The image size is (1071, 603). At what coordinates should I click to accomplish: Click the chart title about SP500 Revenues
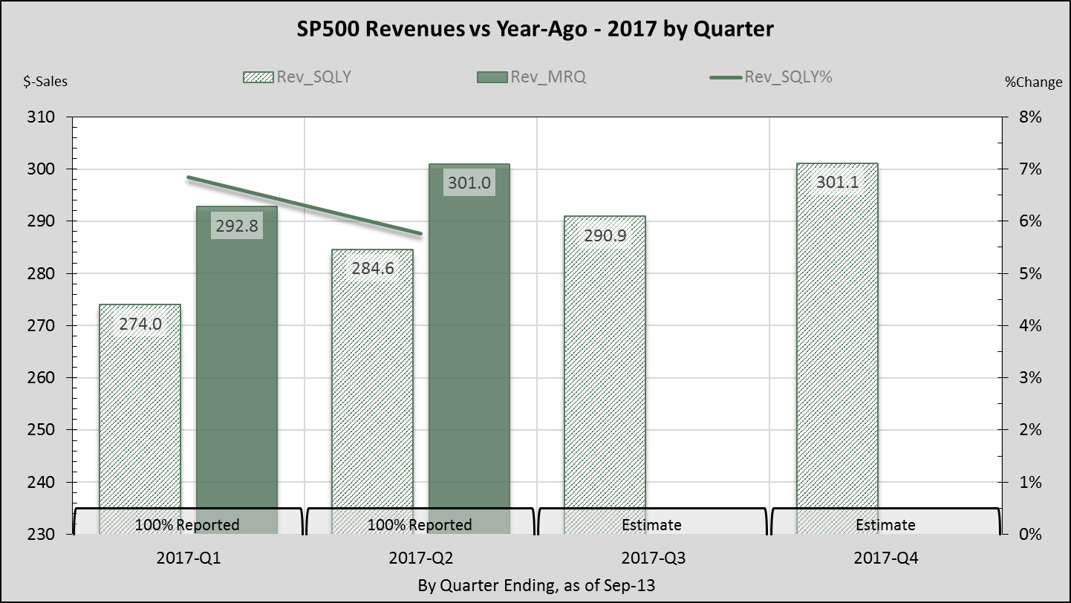point(535,29)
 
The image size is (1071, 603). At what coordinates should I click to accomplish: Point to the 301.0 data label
point(469,183)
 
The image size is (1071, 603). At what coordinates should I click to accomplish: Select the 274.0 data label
point(140,324)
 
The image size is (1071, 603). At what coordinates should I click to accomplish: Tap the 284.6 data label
point(372,267)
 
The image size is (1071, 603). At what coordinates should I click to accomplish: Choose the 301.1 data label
point(837,182)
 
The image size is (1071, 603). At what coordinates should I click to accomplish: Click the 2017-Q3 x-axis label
point(651,558)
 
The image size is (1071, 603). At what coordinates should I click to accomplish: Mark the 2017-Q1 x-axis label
point(186,558)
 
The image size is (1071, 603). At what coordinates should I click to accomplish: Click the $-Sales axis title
point(45,82)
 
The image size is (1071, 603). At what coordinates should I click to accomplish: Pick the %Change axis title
point(1033,82)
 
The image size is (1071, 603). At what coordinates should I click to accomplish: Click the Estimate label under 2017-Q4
point(885,525)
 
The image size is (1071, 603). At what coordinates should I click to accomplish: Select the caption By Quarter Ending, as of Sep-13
point(536,585)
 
